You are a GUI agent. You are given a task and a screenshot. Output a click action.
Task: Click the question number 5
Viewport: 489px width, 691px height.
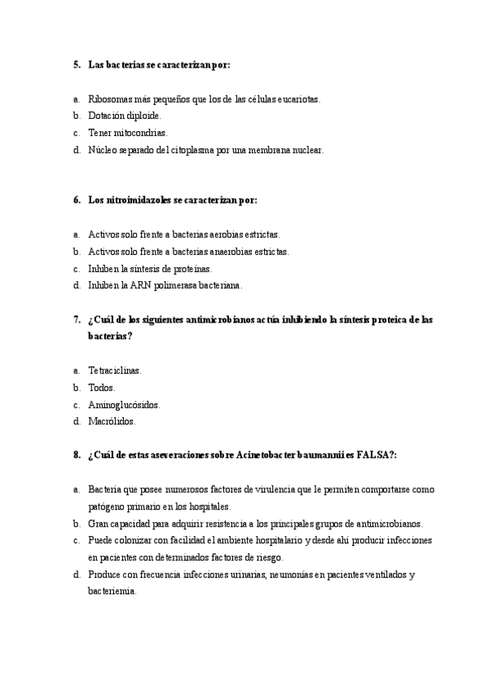76,64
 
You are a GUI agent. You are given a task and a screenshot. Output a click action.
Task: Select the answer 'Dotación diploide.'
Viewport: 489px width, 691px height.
126,116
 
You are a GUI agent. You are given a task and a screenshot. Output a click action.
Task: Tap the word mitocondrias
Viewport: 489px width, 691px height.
140,133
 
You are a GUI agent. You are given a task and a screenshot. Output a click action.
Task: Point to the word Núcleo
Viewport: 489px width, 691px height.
104,150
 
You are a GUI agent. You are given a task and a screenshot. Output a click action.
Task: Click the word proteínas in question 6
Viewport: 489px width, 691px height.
189,269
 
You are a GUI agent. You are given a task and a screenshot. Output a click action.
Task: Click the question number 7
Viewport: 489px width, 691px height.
76,319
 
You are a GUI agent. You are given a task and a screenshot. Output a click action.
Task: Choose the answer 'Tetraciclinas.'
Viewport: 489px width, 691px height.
115,371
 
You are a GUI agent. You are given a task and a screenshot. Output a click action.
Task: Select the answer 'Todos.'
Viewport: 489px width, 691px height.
102,388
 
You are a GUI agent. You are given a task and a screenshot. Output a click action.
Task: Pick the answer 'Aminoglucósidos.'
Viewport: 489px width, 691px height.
124,405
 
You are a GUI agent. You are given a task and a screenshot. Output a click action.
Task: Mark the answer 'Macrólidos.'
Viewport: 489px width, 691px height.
112,422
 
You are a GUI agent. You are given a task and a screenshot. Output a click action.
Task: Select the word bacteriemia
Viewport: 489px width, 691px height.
112,592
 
